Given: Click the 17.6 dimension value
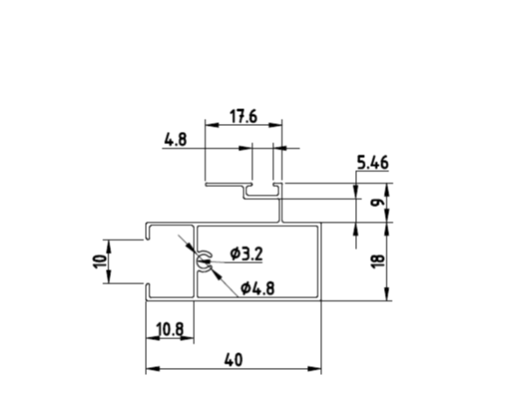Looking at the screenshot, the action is coord(243,116).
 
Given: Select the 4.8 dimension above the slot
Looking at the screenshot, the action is coord(176,140).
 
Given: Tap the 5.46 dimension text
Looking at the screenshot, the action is coord(373,163).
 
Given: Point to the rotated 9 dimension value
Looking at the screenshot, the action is coord(378,203).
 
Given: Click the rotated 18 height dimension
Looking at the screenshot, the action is coord(378,261).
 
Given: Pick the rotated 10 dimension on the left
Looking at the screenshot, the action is coord(100,261).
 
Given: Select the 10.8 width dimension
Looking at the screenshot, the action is coord(170,329).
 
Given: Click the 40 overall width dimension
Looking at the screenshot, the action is coord(234,360).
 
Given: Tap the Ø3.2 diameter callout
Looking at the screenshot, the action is coord(247,253).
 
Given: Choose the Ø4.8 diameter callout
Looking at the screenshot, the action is coord(257,288).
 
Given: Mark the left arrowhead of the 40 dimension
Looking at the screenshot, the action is coord(153,369).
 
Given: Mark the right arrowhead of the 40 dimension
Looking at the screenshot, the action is coord(314,369).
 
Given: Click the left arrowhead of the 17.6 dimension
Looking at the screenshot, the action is coord(212,125).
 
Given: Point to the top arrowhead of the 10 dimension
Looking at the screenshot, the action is coord(108,246).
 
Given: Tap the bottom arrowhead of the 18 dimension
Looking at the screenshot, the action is coord(387,294).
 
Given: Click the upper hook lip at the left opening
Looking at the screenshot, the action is coord(148,232).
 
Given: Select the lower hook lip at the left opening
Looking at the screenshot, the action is coord(148,291).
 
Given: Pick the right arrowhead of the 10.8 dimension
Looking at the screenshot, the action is coord(187,338).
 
